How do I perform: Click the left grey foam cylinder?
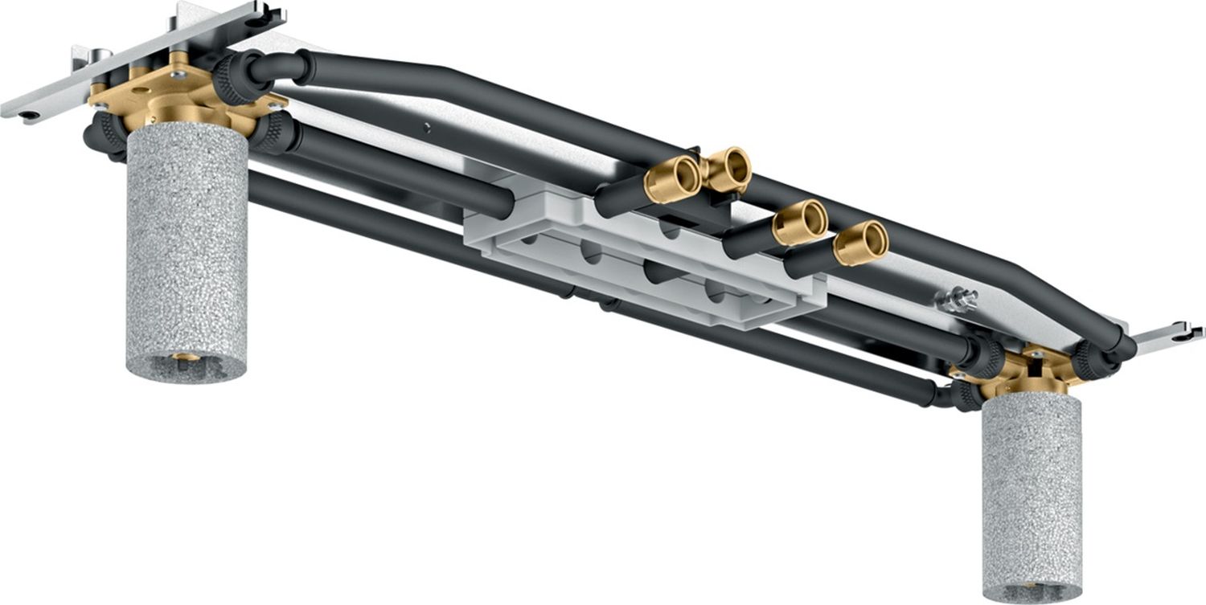coord(187,249)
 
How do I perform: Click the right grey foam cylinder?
coord(1032,498)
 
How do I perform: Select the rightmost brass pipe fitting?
coord(861,242)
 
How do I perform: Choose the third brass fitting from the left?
coord(801,222)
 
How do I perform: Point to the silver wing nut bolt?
coord(957,299)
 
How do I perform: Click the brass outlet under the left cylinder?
coord(187,357)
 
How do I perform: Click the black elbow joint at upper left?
coord(273,68)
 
